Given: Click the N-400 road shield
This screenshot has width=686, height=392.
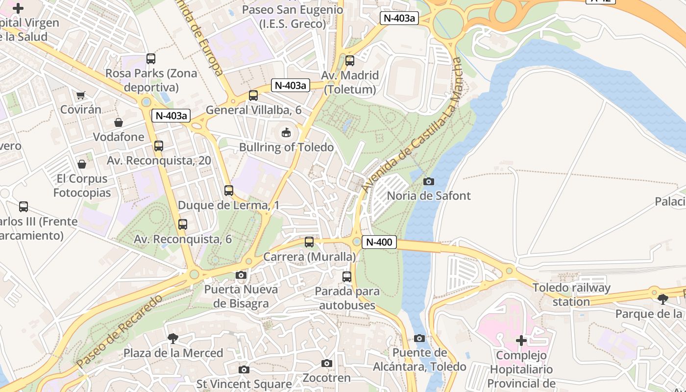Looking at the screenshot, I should pos(379,242).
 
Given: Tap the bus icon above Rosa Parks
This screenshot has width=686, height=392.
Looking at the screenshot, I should pos(151,59).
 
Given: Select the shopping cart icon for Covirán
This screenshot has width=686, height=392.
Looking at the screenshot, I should pos(81,95).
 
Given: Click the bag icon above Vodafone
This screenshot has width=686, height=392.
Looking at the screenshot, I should pos(119,122).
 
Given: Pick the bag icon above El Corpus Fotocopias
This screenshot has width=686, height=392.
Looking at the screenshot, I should pos(82,164).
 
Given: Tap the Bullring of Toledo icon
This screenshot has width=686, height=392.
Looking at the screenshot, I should pos(286,132).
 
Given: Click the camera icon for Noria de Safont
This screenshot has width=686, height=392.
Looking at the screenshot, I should pos(429,181).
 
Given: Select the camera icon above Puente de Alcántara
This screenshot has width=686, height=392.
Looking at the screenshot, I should pos(419,338).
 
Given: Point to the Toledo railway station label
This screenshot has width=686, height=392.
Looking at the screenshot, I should pos(571,294).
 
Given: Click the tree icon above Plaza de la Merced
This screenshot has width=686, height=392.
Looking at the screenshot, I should pos(172,338).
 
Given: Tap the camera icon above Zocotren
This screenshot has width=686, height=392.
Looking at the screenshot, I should pos(327,363).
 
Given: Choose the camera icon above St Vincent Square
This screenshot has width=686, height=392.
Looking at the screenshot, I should pos(244,369).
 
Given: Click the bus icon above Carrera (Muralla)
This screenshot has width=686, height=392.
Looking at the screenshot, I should pos(309,242).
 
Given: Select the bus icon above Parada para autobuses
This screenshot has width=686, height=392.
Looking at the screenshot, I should pos(347,276).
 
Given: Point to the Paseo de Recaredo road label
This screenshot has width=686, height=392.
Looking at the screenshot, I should pos(120,331).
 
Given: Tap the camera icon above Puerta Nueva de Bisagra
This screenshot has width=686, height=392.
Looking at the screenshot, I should pos(241,275).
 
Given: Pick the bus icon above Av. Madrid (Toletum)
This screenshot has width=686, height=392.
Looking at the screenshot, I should pos(350,61).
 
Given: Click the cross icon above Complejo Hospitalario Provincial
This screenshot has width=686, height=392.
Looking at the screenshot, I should pos(521,340).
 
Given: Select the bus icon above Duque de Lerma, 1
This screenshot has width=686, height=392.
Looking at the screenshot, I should pos(229,191).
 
